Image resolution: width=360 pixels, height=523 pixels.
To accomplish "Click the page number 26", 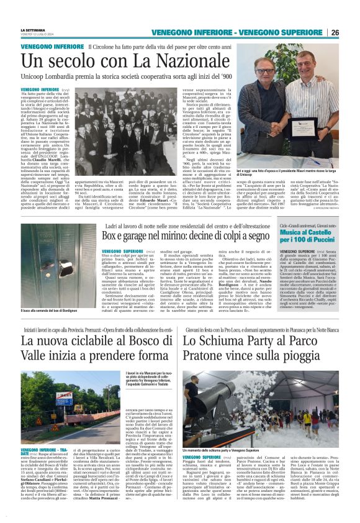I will point(335,32).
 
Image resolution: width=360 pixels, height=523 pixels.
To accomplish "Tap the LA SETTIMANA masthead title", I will point(33,29).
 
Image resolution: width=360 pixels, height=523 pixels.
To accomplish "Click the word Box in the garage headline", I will point(110,235).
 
